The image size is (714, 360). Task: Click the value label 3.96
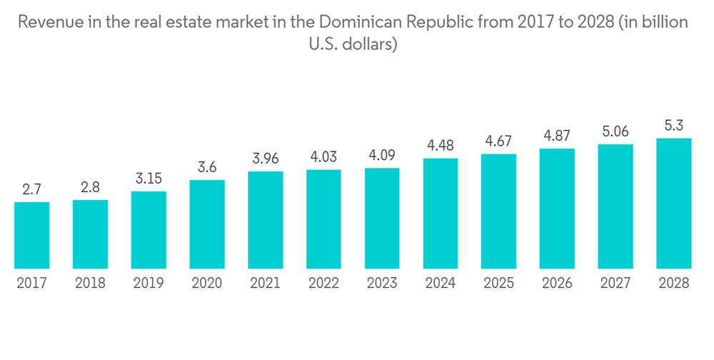266,159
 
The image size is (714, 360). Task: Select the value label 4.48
441,146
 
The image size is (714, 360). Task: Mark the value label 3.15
149,179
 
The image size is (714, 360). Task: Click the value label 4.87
557,136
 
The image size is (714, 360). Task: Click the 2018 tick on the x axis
90,284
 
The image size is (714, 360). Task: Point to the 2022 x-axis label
323,284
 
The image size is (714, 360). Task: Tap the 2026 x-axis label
557,284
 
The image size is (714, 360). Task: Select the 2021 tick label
266,284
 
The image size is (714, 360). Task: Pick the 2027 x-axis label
615,284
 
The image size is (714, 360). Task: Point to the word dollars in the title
370,44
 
